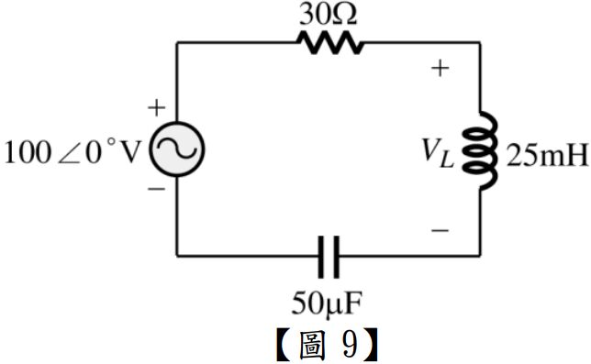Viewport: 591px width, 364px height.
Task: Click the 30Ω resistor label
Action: (328, 16)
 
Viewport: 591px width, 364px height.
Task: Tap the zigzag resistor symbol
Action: (330, 42)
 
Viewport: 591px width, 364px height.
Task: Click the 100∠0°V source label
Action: (72, 153)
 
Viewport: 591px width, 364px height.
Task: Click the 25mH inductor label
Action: (547, 156)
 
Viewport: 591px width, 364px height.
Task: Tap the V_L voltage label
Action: (437, 152)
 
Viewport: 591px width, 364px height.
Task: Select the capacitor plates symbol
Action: (329, 257)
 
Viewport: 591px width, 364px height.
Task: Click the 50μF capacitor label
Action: (327, 303)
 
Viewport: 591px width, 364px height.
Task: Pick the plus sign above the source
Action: (157, 108)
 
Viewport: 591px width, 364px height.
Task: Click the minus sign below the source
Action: (156, 189)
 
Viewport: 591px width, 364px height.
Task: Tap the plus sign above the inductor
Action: (440, 69)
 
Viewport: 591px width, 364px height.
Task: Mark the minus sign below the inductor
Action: (440, 230)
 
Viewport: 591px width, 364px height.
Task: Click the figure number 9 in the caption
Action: (350, 345)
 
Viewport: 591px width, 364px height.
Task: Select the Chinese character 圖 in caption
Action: (311, 345)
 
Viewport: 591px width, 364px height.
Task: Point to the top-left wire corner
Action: (177, 43)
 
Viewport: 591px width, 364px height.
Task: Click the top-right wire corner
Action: (480, 43)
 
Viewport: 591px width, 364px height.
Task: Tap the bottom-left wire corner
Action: (177, 256)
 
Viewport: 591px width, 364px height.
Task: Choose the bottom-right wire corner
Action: (480, 256)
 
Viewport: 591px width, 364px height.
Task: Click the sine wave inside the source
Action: (177, 149)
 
